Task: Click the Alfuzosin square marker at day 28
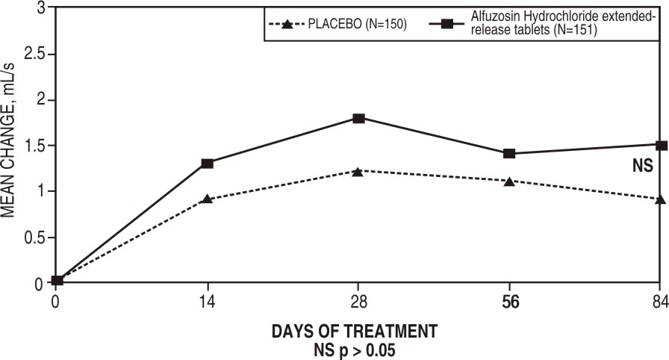click(x=358, y=118)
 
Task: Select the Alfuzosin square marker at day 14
click(x=207, y=163)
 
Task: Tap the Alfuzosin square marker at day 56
click(x=509, y=153)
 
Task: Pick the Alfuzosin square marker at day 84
click(x=661, y=145)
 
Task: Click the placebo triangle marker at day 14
click(x=207, y=199)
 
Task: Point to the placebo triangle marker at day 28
click(x=358, y=172)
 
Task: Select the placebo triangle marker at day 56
click(x=509, y=181)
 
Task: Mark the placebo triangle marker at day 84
click(x=661, y=199)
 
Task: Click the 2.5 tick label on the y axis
click(x=34, y=55)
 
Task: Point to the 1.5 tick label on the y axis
click(x=34, y=146)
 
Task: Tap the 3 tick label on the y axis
click(x=41, y=8)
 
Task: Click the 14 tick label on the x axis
click(x=207, y=302)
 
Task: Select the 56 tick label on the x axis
click(x=509, y=302)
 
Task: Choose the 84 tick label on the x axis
click(x=660, y=302)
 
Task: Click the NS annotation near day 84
click(x=643, y=167)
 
